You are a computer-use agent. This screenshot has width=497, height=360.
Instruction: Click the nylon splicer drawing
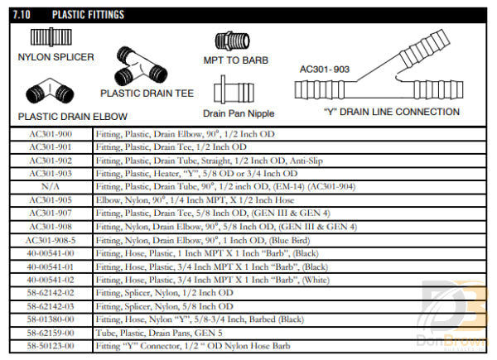pos(48,38)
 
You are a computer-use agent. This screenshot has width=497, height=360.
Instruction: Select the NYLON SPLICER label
pos(56,57)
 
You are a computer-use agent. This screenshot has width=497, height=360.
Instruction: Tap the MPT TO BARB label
pos(237,60)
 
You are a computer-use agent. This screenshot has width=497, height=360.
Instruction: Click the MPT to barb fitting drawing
pos(234,41)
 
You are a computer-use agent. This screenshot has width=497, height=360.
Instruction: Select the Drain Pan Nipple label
pos(238,113)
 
